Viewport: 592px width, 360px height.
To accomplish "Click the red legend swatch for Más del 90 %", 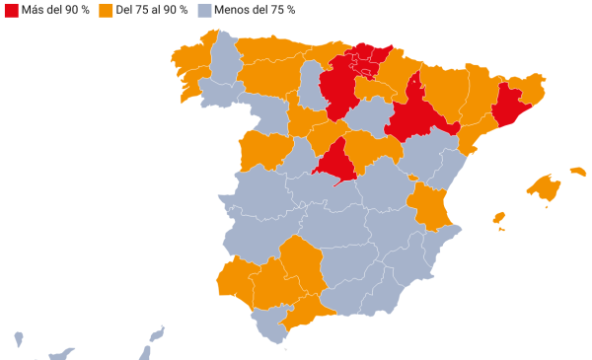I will [11, 10].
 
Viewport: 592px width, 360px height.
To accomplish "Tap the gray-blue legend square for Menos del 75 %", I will [205, 10].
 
